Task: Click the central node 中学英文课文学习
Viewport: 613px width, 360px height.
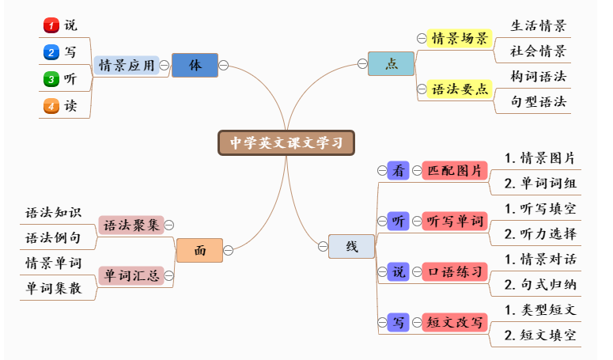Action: pyautogui.click(x=286, y=142)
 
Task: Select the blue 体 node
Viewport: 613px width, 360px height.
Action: pyautogui.click(x=194, y=65)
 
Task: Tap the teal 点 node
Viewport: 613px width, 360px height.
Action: pyautogui.click(x=391, y=64)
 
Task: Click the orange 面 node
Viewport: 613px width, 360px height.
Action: pyautogui.click(x=199, y=250)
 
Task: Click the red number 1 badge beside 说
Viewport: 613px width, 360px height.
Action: pyautogui.click(x=51, y=26)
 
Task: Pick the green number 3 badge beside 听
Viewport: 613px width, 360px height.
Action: pyautogui.click(x=51, y=79)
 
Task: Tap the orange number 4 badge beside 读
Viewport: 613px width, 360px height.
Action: pyautogui.click(x=51, y=105)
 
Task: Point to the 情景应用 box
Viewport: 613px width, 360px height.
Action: pyautogui.click(x=127, y=65)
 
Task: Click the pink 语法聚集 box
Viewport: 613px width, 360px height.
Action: pyautogui.click(x=131, y=225)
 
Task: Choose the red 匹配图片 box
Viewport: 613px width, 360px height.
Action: pyautogui.click(x=454, y=170)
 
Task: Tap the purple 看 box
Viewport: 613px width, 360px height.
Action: pyautogui.click(x=399, y=170)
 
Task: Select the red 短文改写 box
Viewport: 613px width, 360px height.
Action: pyautogui.click(x=454, y=322)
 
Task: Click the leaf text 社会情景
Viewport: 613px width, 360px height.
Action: pyautogui.click(x=539, y=51)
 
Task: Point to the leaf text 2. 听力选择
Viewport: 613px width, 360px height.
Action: pyautogui.click(x=541, y=234)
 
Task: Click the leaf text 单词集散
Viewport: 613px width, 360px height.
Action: pyautogui.click(x=54, y=288)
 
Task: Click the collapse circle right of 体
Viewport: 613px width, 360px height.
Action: pyautogui.click(x=224, y=65)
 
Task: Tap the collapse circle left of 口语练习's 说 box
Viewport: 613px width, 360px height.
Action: pyautogui.click(x=382, y=272)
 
